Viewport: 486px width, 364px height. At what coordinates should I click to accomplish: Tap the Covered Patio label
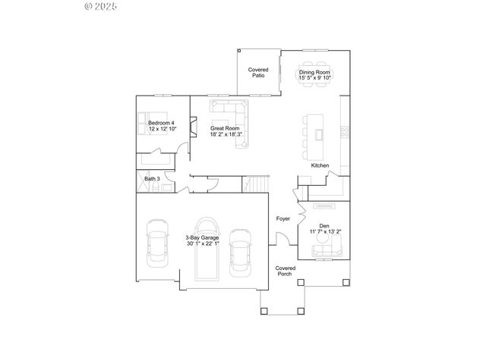pyautogui.click(x=258, y=73)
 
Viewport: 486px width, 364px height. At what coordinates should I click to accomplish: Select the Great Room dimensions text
pyautogui.click(x=226, y=134)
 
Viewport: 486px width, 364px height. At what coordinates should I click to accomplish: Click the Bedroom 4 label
pyautogui.click(x=161, y=123)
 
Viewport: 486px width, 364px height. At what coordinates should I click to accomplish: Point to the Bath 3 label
pyautogui.click(x=152, y=179)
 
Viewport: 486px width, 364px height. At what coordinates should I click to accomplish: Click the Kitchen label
pyautogui.click(x=320, y=165)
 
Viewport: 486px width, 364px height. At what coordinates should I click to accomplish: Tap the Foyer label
pyautogui.click(x=283, y=218)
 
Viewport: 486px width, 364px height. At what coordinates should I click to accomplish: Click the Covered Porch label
pyautogui.click(x=285, y=271)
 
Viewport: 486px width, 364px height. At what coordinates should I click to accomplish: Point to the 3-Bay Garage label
pyautogui.click(x=203, y=237)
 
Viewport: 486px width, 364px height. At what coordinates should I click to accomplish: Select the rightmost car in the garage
pyautogui.click(x=240, y=250)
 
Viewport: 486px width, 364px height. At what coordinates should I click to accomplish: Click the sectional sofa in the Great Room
pyautogui.click(x=235, y=114)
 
